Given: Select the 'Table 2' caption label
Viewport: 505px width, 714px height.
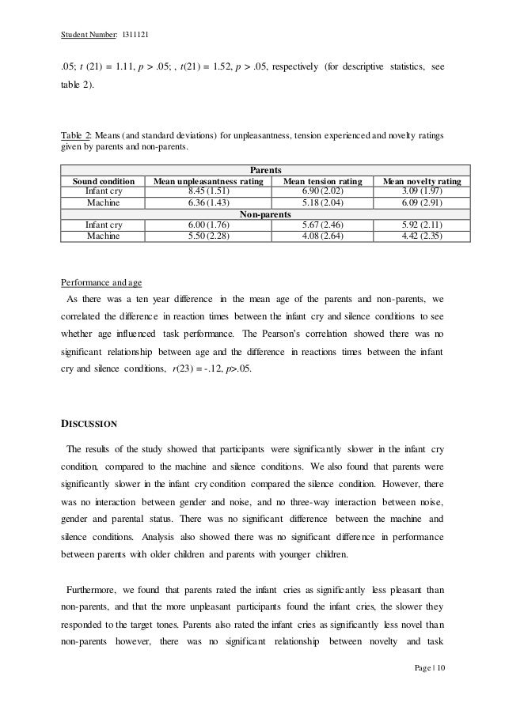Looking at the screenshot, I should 75,136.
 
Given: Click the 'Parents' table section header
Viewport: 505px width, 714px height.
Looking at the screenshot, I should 265,169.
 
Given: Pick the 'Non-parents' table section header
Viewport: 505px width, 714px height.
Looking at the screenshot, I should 265,213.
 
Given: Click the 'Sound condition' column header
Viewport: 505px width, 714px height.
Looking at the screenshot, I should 97,180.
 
